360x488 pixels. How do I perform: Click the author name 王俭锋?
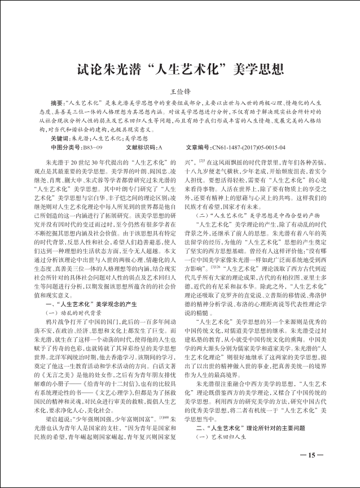click(x=180, y=91)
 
